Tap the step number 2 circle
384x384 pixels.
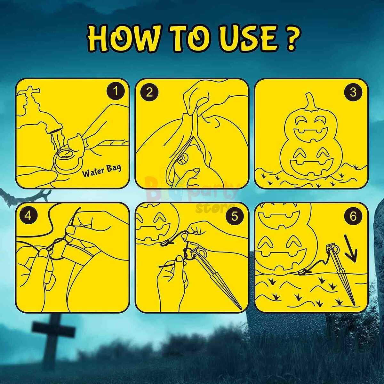pos(149,92)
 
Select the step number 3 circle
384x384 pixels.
pos(353,92)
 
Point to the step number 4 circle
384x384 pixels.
pos(28,216)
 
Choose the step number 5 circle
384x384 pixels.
pos(235,216)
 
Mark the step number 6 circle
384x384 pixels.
pos(353,216)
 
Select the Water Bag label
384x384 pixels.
pos(102,171)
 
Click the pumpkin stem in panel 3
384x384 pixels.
pos(311,102)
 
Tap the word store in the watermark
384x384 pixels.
pos(215,208)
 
